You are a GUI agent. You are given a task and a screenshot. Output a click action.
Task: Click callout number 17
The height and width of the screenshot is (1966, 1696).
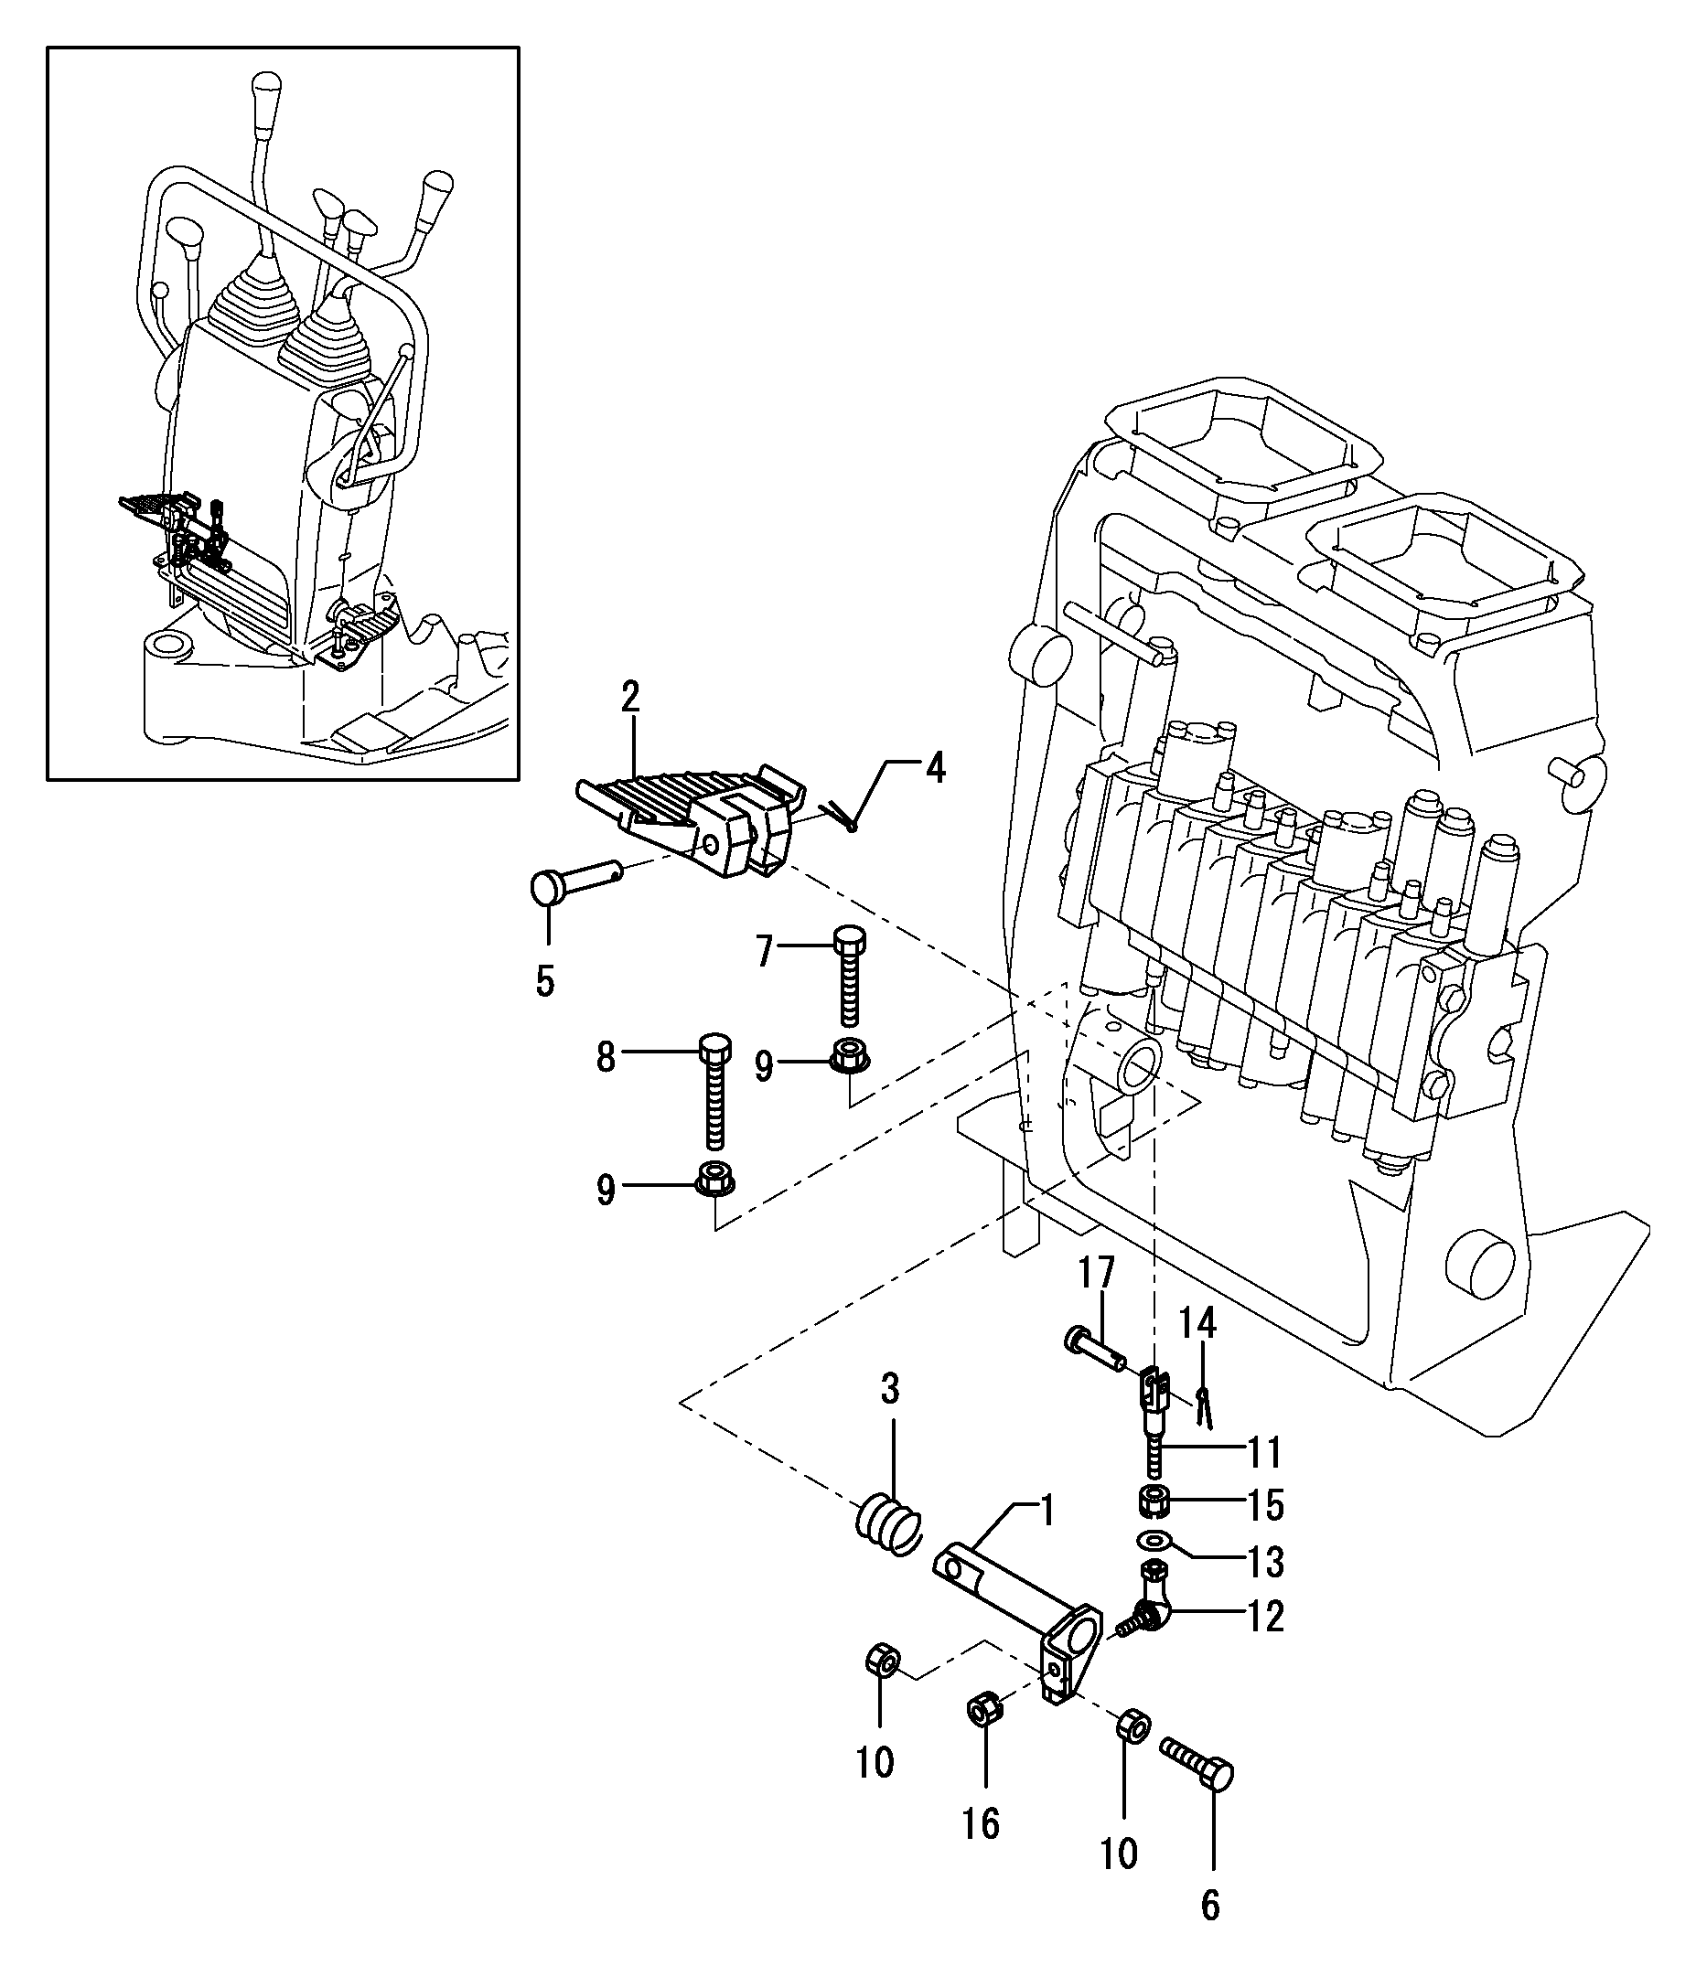pyautogui.click(x=1096, y=1272)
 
